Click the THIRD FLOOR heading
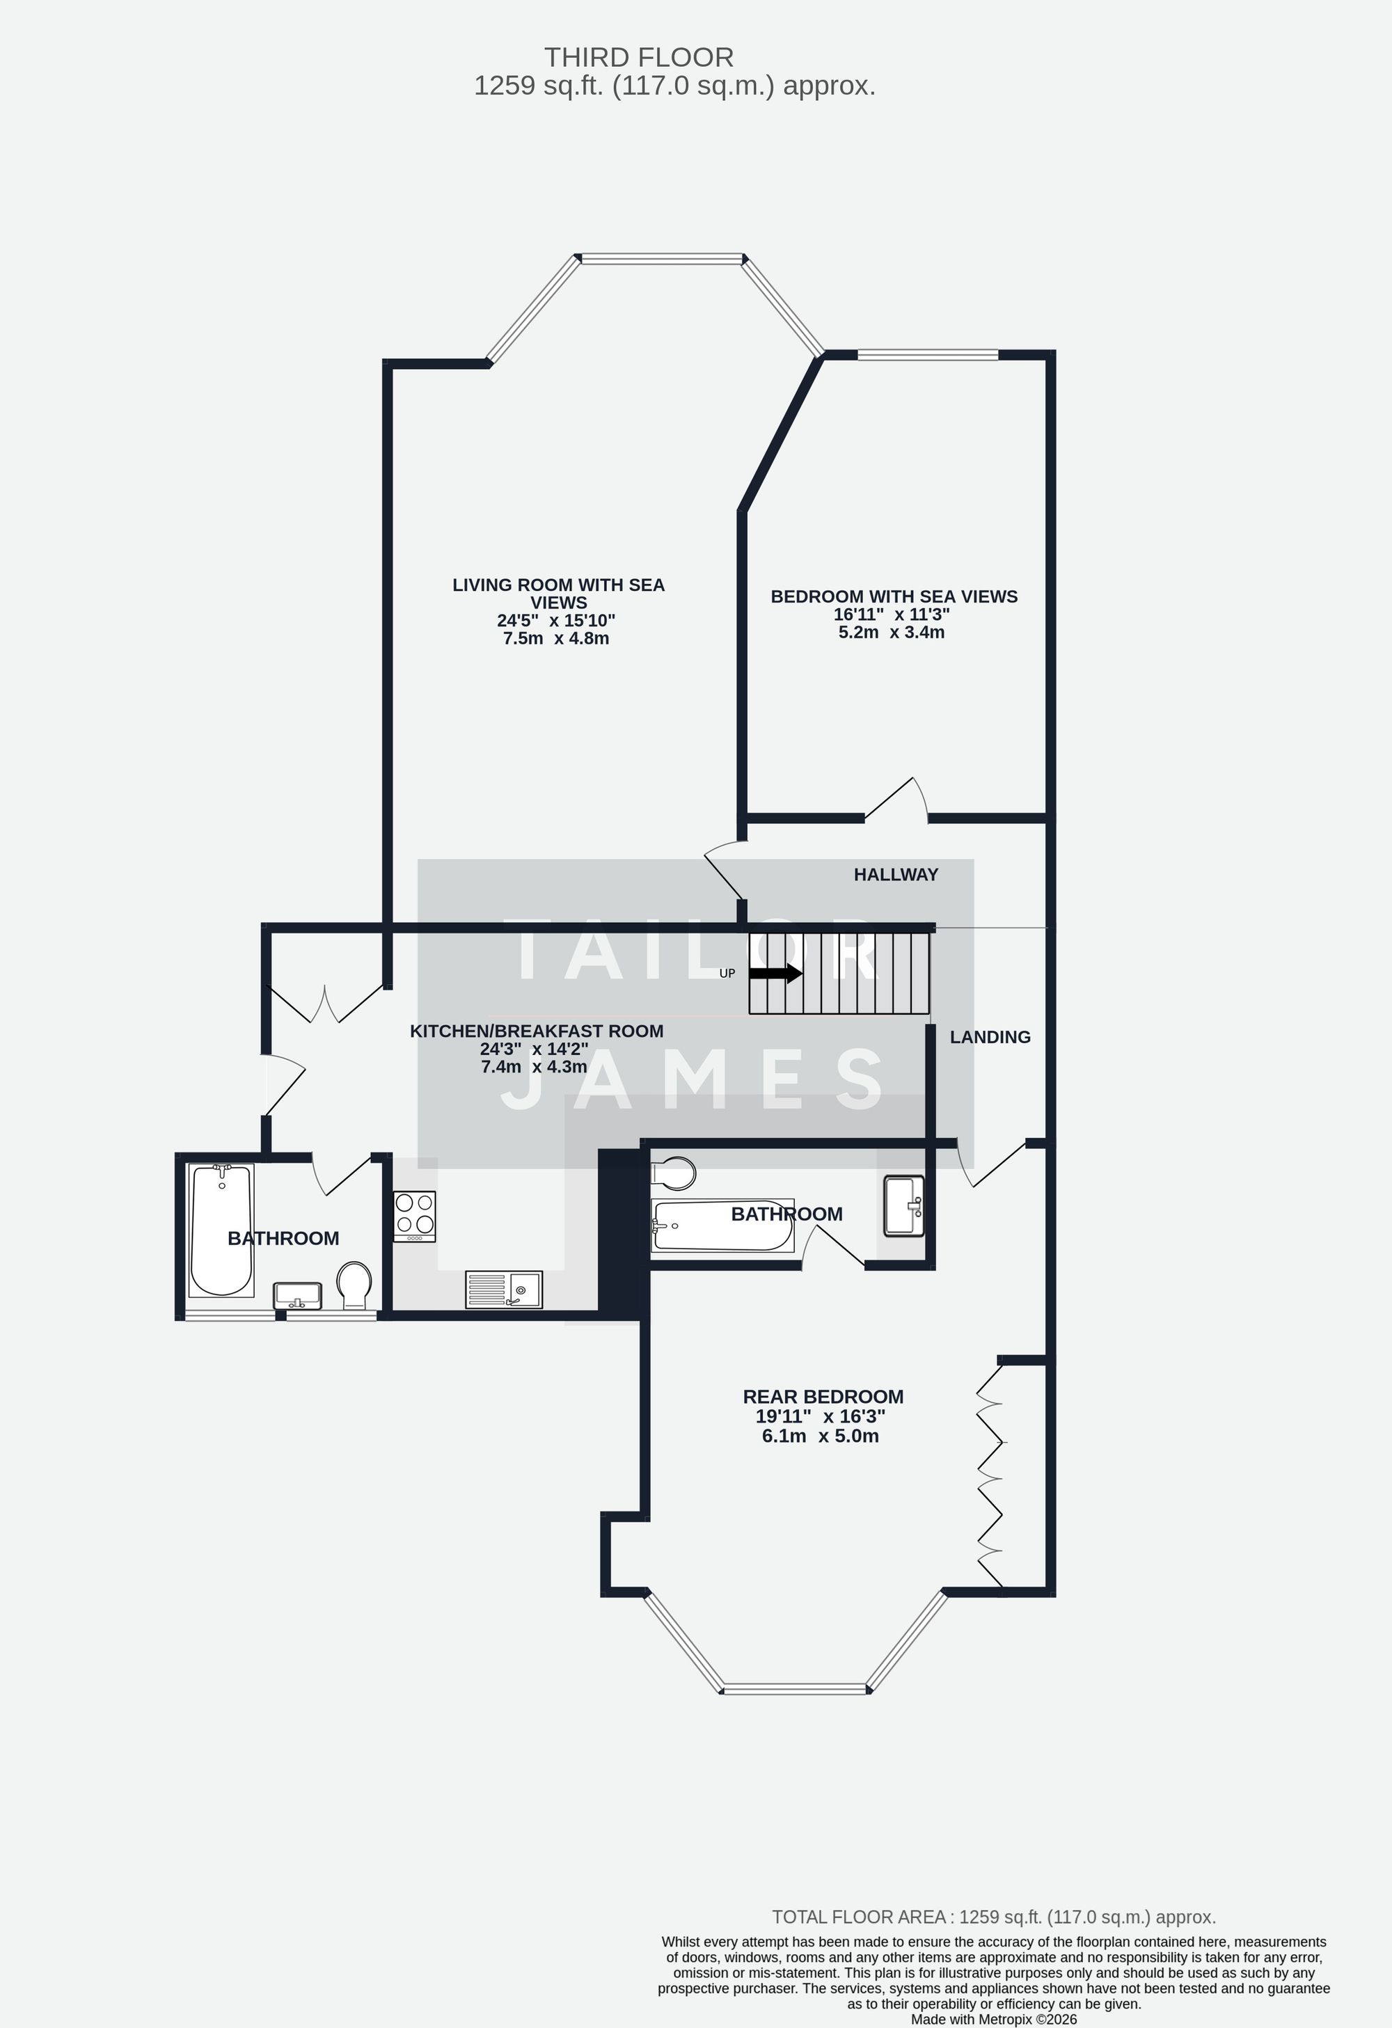point(638,58)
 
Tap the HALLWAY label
point(896,874)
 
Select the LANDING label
point(990,1037)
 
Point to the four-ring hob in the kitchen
point(415,1216)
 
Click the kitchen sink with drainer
point(504,1289)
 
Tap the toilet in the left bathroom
point(354,1283)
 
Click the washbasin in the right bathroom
point(903,1206)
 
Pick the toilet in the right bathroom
point(674,1173)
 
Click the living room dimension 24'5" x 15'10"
point(556,621)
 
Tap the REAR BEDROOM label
point(823,1397)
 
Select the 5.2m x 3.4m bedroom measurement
point(891,633)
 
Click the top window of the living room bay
point(661,258)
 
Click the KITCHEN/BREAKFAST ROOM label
point(537,1031)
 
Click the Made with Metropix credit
point(993,2019)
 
